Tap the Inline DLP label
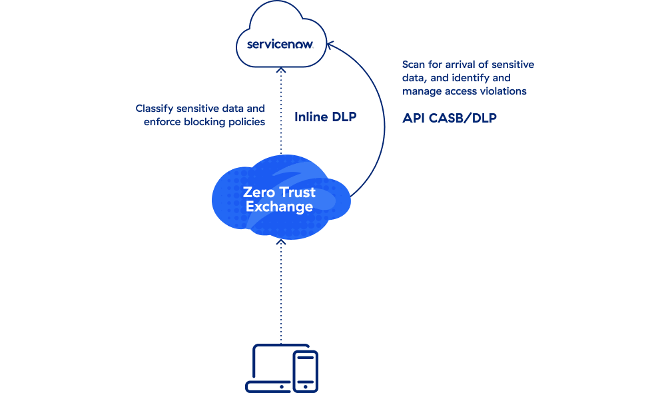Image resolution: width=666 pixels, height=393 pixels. click(x=326, y=117)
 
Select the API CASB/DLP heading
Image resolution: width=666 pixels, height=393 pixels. click(x=450, y=118)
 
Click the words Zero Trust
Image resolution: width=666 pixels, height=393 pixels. click(x=279, y=194)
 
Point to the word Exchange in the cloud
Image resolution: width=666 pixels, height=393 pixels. click(x=279, y=207)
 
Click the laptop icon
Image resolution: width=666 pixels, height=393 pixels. click(x=270, y=367)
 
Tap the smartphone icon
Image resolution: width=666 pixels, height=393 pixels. click(x=306, y=371)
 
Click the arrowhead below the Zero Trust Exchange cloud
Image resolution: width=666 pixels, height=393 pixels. click(x=281, y=244)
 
